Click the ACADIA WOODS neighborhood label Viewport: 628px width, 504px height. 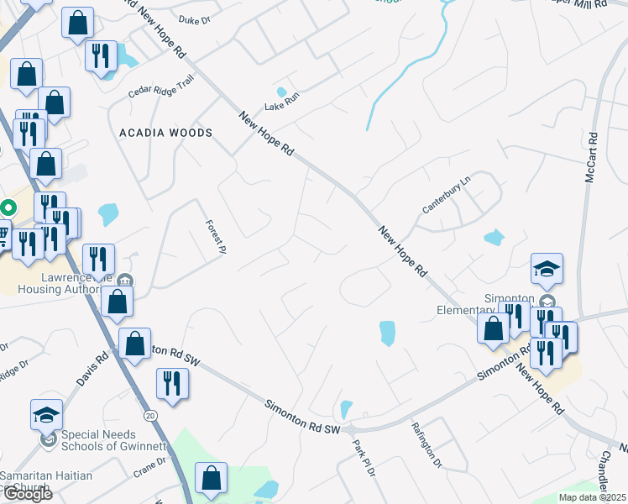pos(165,133)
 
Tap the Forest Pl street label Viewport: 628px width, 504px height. pos(217,237)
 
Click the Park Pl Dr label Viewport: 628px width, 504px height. pos(364,459)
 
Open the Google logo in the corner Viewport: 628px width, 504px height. pos(27,493)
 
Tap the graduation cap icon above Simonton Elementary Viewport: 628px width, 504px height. pos(547,269)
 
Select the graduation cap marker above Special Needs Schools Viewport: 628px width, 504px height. pos(46,414)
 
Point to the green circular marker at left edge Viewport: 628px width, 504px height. pos(7,207)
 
